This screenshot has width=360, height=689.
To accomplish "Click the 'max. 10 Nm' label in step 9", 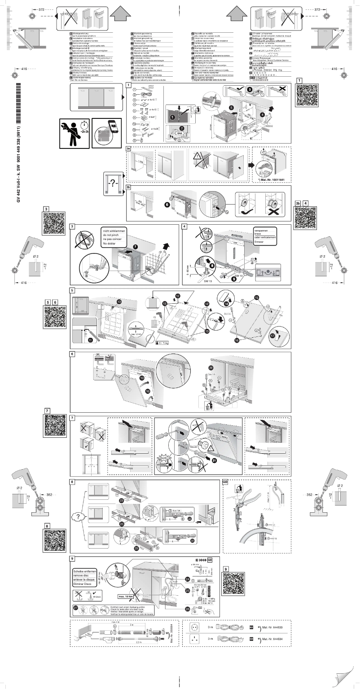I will point(128,596).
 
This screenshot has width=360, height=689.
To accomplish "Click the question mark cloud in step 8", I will point(79,516).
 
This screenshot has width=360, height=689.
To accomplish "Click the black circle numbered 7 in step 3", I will point(136,247).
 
